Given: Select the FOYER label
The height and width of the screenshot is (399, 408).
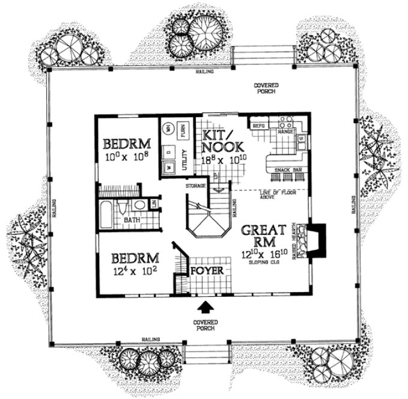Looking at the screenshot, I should click(208, 271).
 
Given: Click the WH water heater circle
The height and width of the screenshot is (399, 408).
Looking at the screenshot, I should click(169, 128).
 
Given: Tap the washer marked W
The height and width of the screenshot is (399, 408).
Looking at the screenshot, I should click(169, 167).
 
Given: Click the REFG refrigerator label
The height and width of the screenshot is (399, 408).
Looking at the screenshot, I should click(259, 126).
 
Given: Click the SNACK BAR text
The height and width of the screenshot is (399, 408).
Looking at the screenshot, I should click(287, 171).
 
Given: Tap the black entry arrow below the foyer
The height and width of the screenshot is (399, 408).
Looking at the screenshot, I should click(206, 308).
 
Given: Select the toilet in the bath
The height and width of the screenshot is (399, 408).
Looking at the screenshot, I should click(123, 208).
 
